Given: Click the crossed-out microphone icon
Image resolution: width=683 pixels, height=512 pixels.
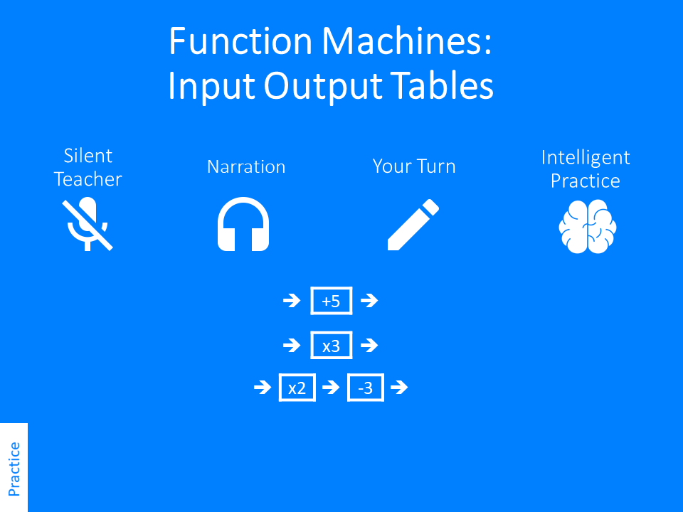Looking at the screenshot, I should tap(88, 225).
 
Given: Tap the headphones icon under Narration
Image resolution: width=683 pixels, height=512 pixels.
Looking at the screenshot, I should tap(243, 225).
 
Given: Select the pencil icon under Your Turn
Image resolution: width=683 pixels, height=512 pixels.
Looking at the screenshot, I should tap(413, 225).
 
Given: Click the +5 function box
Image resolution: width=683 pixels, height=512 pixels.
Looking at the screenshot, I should tap(332, 301).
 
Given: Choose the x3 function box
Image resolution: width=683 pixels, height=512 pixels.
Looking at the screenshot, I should tap(332, 346).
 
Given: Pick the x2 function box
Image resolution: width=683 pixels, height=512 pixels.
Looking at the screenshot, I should tap(297, 388).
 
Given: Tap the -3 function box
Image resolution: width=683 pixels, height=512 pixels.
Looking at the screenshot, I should tap(366, 388).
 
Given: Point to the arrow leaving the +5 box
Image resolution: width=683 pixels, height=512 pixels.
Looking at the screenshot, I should tap(369, 301).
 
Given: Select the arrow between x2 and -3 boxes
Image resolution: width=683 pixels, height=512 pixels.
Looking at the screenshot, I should tap(331, 388).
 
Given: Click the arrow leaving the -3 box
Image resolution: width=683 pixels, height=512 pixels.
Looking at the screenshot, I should tap(399, 388).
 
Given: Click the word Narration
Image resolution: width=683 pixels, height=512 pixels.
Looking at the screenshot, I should tap(246, 167).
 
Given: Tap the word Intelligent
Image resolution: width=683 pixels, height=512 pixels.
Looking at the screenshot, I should tap(586, 157).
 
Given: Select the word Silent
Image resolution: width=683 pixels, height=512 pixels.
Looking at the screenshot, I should tap(88, 156).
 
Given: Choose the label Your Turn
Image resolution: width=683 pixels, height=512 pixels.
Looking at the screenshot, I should tap(414, 167).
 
